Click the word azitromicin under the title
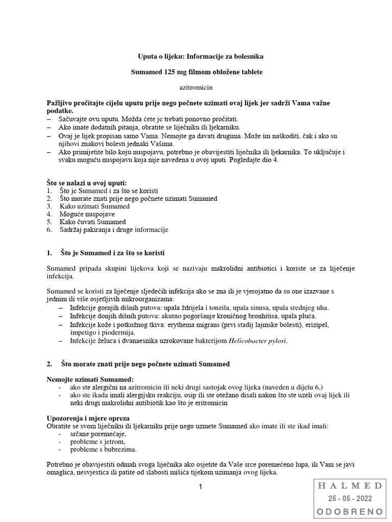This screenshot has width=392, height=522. tap(197, 88)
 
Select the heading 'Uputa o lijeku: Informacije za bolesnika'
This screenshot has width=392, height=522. tap(197, 57)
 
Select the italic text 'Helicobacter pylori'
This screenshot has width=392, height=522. tap(258, 341)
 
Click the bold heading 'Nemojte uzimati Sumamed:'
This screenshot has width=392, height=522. tap(89, 379)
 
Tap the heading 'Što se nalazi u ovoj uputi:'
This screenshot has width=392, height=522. tap(86, 182)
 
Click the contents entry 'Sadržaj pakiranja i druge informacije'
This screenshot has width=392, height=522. tap(113, 230)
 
